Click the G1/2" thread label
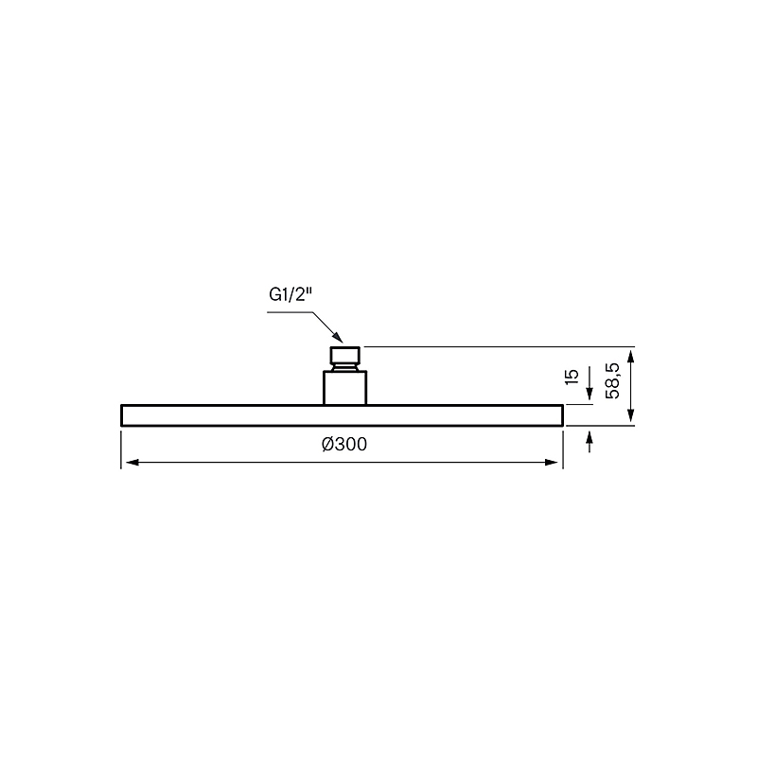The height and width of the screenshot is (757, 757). (290, 294)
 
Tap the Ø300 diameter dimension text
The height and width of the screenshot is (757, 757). (344, 444)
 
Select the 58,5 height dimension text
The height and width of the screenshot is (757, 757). (612, 381)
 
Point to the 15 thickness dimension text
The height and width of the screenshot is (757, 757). (572, 377)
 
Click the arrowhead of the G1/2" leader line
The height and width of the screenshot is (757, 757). (338, 338)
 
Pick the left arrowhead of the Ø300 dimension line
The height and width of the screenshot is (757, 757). (132, 463)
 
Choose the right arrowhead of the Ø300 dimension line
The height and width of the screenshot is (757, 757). (552, 463)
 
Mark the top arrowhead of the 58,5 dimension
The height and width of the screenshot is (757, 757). (630, 358)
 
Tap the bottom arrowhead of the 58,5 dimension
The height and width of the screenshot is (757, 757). (630, 414)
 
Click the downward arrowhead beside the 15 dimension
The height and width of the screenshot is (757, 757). (590, 394)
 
